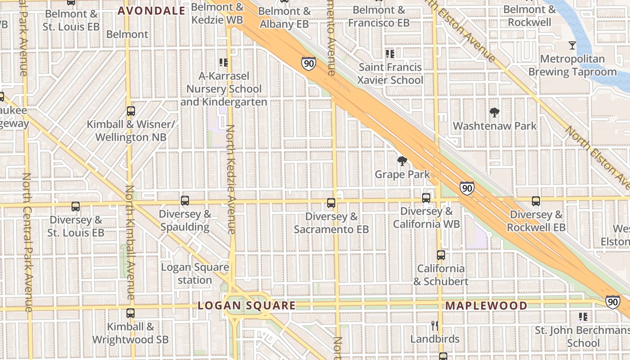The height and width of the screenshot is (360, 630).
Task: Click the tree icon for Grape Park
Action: pos(402,161)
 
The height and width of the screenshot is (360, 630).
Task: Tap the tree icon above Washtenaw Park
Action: pos(495,112)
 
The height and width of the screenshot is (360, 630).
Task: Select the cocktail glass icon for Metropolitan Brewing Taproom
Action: pos(572,45)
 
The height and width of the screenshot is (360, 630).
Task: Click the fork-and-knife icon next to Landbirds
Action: pos(434,325)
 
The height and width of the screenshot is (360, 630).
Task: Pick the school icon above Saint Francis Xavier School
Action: pos(390,54)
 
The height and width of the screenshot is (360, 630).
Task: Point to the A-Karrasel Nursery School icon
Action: pos(224,62)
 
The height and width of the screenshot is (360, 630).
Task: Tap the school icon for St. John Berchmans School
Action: pos(584,317)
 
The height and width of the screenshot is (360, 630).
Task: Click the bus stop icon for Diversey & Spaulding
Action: pos(185,201)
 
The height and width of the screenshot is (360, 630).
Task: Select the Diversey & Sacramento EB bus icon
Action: pos(331,203)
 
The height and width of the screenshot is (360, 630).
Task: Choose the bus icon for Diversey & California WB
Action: pos(426,198)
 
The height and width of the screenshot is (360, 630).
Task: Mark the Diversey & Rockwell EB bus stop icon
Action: pos(535,201)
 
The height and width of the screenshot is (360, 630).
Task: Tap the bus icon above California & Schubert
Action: pos(441,255)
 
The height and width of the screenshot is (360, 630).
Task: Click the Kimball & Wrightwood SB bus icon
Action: pos(130,313)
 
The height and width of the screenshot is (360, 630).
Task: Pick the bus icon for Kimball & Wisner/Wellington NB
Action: pos(131,111)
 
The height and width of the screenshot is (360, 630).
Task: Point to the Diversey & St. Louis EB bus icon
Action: pos(76,207)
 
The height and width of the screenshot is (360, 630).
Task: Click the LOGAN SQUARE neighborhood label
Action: pos(247,306)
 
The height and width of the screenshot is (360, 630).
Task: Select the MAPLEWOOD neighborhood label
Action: pos(486,306)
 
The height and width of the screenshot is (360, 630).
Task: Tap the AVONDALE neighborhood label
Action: pos(151,11)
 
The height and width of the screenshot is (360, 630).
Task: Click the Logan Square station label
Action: pos(195,274)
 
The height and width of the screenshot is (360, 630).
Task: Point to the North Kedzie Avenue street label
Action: pos(231,180)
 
